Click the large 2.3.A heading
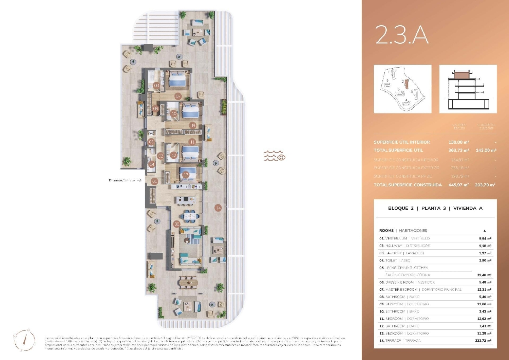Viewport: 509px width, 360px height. click(x=402, y=35)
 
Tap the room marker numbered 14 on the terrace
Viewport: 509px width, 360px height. click(x=218, y=208)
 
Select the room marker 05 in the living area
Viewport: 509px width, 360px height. click(x=177, y=224)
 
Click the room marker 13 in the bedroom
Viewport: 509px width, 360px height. click(x=186, y=175)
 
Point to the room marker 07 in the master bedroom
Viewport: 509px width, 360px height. click(x=178, y=96)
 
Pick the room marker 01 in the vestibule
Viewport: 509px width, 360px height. click(x=155, y=181)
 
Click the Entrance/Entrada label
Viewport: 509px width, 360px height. click(x=121, y=180)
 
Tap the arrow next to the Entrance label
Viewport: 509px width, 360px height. click(x=139, y=180)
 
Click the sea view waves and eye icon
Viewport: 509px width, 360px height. click(x=275, y=156)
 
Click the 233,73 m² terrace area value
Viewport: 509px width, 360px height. click(x=483, y=341)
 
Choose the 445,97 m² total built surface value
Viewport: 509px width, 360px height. click(x=459, y=185)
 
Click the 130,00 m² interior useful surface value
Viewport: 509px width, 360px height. click(x=459, y=142)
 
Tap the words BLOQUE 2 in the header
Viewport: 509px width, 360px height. click(x=401, y=208)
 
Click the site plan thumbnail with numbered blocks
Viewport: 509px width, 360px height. click(x=402, y=89)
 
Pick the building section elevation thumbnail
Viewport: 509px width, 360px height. click(x=468, y=89)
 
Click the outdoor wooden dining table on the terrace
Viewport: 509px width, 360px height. click(x=188, y=282)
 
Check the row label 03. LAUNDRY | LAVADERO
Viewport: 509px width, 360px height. click(x=402, y=253)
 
